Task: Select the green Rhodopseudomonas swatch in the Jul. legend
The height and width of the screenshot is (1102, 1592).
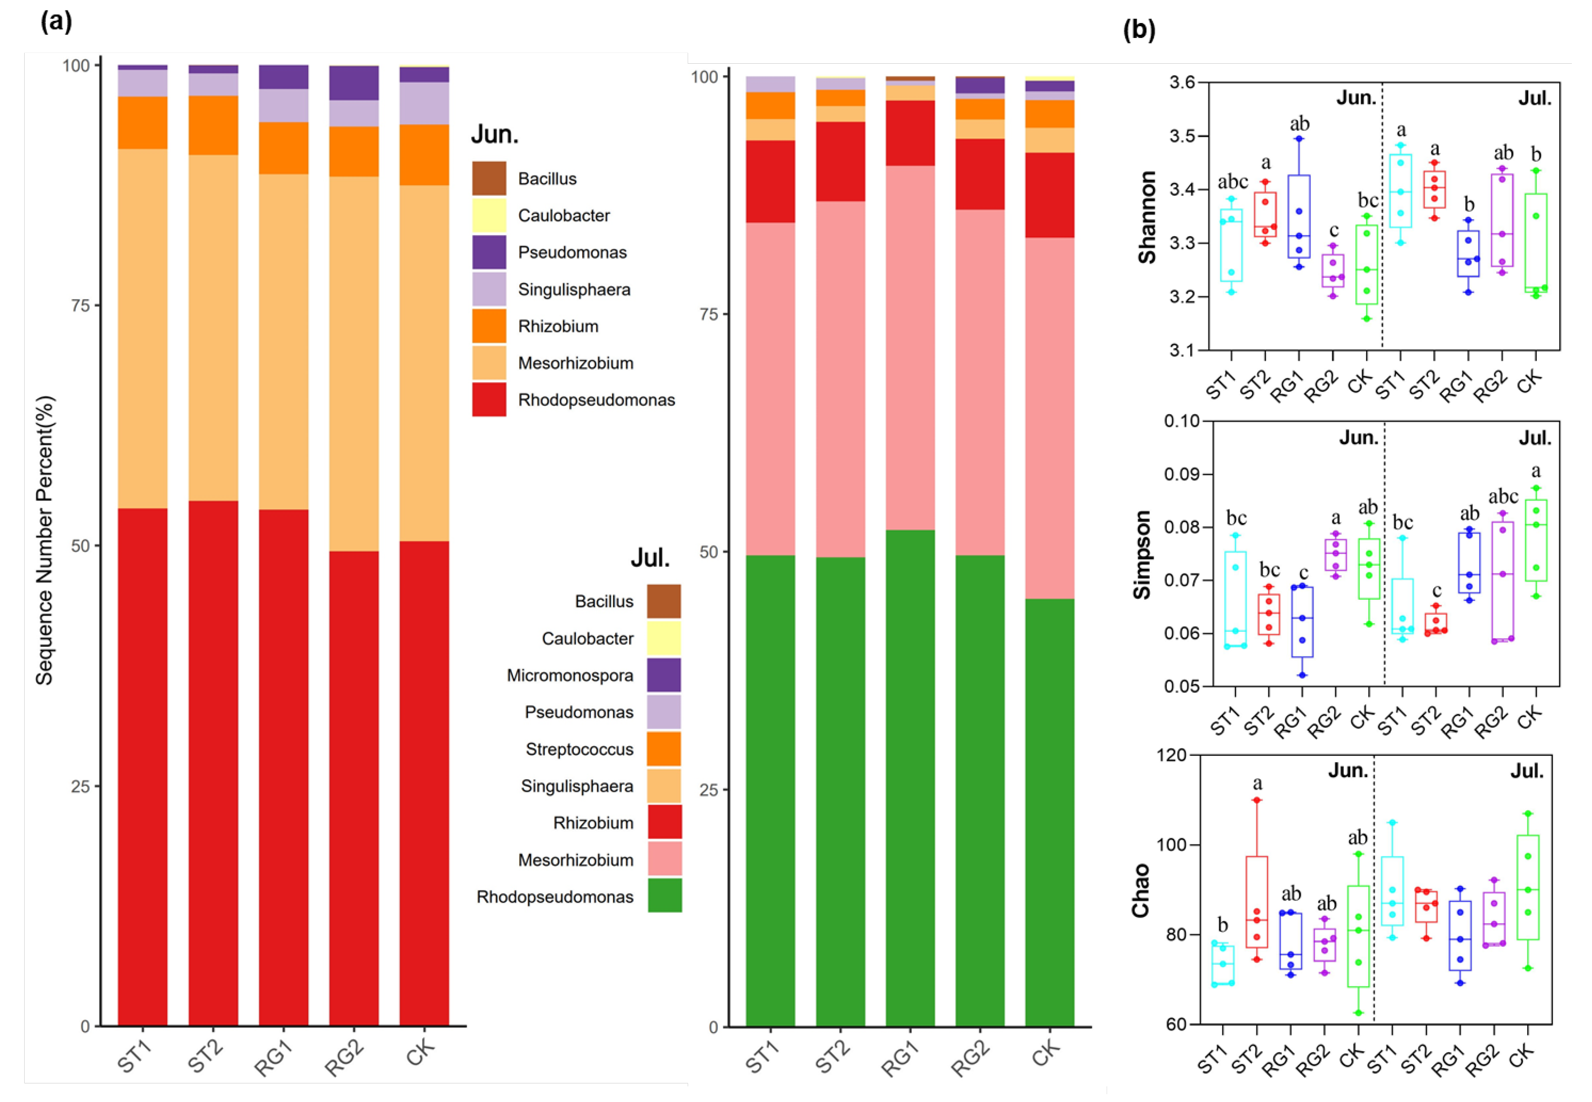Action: (665, 896)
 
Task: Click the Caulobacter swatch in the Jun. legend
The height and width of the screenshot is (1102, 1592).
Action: (489, 215)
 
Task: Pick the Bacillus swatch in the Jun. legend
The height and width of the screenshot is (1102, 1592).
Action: (489, 178)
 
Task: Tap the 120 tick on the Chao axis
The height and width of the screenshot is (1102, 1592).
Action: (1172, 755)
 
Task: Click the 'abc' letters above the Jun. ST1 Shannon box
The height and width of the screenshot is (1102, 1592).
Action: (1232, 181)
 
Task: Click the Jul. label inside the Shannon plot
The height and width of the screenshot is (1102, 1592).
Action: (1535, 99)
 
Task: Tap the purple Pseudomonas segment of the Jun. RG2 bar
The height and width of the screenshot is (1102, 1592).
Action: (354, 83)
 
